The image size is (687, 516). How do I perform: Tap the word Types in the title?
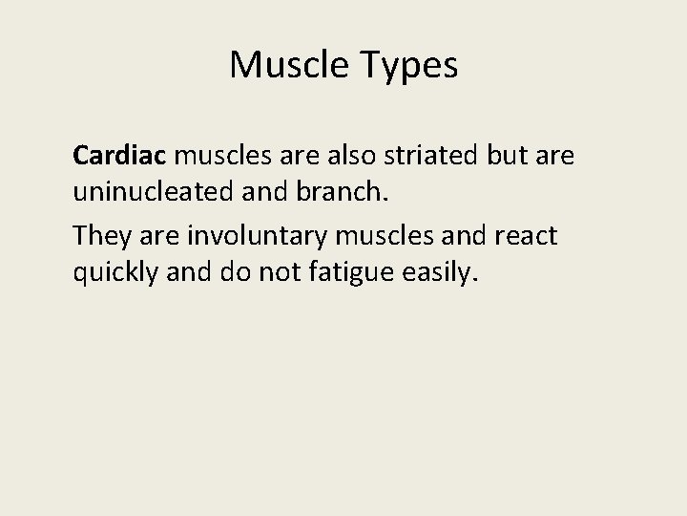[x=408, y=66]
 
